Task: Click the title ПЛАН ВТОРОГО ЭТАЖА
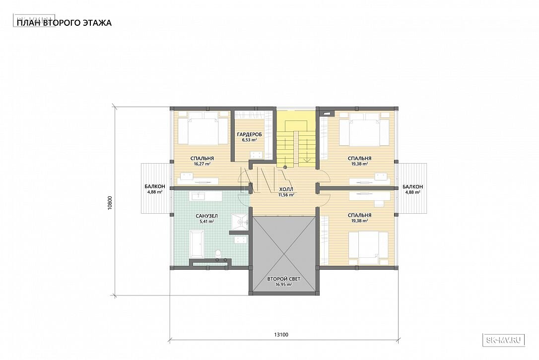click(65, 23)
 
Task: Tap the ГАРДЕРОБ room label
click(249, 134)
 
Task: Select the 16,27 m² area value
click(202, 164)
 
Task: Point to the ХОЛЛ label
click(286, 189)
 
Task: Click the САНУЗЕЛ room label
click(206, 216)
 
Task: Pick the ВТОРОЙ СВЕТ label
click(283, 279)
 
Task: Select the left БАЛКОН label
click(155, 186)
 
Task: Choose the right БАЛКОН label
click(412, 186)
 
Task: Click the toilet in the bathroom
click(217, 255)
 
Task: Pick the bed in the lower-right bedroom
click(368, 244)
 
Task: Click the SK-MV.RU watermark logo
click(504, 340)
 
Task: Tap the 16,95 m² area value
click(283, 285)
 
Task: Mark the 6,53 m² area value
click(249, 140)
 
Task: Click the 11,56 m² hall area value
click(286, 195)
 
